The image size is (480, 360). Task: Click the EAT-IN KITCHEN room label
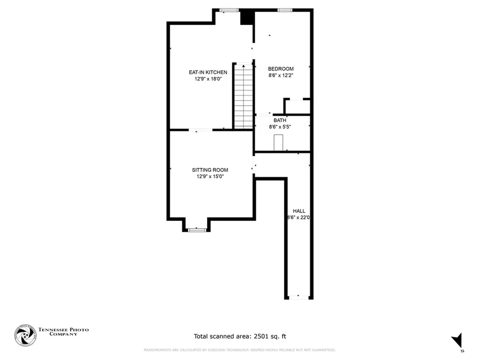208,72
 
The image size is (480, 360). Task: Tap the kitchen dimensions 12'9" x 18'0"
208,79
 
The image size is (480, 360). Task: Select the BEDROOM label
281,68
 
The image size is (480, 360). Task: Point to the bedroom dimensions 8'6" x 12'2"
281,75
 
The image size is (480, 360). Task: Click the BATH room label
280,120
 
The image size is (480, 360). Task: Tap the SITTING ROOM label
210,170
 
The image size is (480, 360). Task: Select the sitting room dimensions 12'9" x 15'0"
210,176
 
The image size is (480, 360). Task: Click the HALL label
299,211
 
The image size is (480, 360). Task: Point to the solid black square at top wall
247,17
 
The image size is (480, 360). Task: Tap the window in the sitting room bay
197,230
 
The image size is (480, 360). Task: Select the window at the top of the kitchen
229,10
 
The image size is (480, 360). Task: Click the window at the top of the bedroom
284,10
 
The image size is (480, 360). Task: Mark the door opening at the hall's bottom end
299,297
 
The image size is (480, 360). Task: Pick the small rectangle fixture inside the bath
278,142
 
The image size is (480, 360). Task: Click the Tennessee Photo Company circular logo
25,335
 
